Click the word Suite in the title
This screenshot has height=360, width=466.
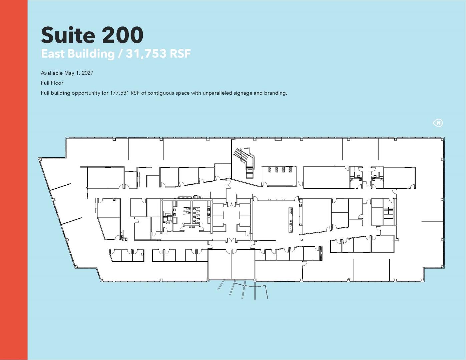(68, 35)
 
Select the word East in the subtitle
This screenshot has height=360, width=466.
(53, 54)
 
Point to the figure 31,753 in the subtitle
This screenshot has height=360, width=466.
(146, 54)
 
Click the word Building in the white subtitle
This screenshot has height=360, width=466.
(91, 54)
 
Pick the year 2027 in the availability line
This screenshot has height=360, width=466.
(87, 73)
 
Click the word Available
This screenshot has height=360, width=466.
(52, 73)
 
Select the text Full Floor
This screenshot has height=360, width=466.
(52, 83)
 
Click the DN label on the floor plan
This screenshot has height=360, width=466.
(168, 223)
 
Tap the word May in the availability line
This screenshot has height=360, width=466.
(69, 73)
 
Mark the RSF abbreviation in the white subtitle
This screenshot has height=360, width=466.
(180, 54)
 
